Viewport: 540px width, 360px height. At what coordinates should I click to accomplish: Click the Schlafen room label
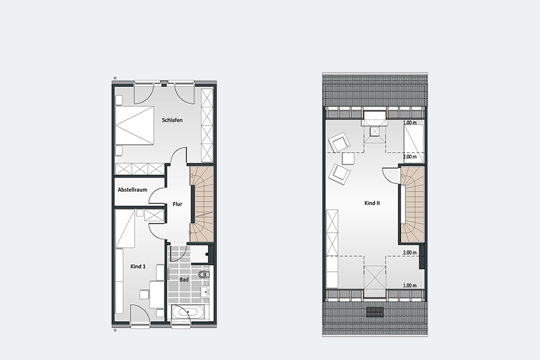click(172, 120)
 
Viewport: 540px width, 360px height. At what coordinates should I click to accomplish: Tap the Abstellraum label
click(132, 190)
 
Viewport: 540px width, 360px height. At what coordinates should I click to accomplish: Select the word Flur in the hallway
click(177, 204)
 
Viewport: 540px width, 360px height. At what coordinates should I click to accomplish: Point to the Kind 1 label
click(138, 267)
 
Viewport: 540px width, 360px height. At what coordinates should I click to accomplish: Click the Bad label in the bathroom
click(184, 280)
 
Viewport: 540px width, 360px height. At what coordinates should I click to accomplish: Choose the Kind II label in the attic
click(372, 203)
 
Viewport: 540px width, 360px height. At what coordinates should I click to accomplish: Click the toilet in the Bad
click(204, 275)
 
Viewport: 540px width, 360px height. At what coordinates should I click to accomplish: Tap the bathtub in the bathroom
click(188, 313)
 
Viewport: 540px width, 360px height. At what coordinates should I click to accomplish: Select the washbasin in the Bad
click(206, 292)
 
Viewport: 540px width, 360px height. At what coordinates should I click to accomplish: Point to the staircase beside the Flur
click(201, 204)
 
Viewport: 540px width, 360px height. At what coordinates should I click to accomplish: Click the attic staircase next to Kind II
click(412, 204)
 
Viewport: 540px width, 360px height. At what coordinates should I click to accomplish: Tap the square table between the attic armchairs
click(348, 159)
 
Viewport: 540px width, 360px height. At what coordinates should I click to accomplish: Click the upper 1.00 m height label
click(409, 123)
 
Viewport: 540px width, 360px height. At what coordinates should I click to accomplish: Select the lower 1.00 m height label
click(409, 286)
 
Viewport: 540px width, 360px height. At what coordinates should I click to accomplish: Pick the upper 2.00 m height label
click(409, 157)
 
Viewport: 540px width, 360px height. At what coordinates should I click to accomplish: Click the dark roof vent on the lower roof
click(375, 312)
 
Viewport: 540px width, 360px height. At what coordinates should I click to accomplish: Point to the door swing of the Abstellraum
click(157, 196)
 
